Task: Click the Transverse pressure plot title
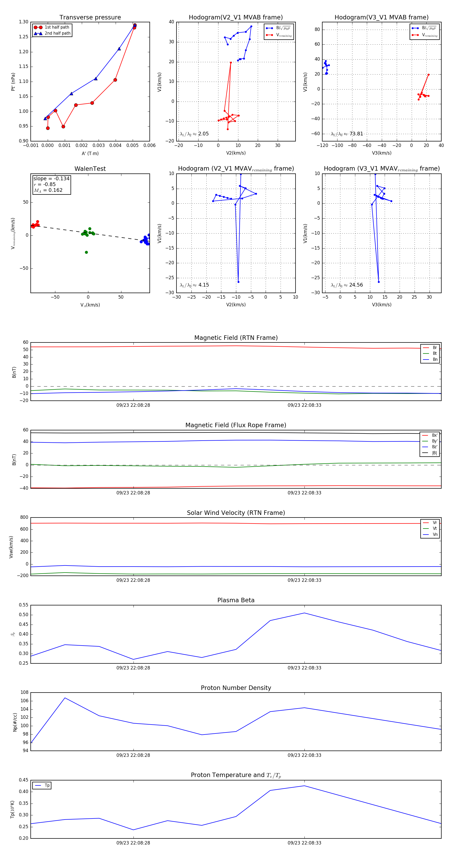click(x=90, y=18)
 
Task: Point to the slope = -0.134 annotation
click(x=51, y=178)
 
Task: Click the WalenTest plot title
click(x=90, y=169)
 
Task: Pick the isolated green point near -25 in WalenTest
click(x=86, y=252)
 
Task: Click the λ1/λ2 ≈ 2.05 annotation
click(x=194, y=134)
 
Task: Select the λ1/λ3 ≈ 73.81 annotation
click(x=347, y=134)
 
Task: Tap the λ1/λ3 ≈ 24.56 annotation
click(x=347, y=285)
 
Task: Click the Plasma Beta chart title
click(x=236, y=600)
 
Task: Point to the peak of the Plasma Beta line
click(x=304, y=613)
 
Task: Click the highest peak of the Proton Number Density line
click(x=65, y=698)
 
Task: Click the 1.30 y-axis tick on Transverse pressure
click(x=24, y=22)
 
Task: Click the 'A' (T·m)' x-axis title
click(x=90, y=153)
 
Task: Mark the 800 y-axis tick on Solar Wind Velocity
click(x=24, y=518)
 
